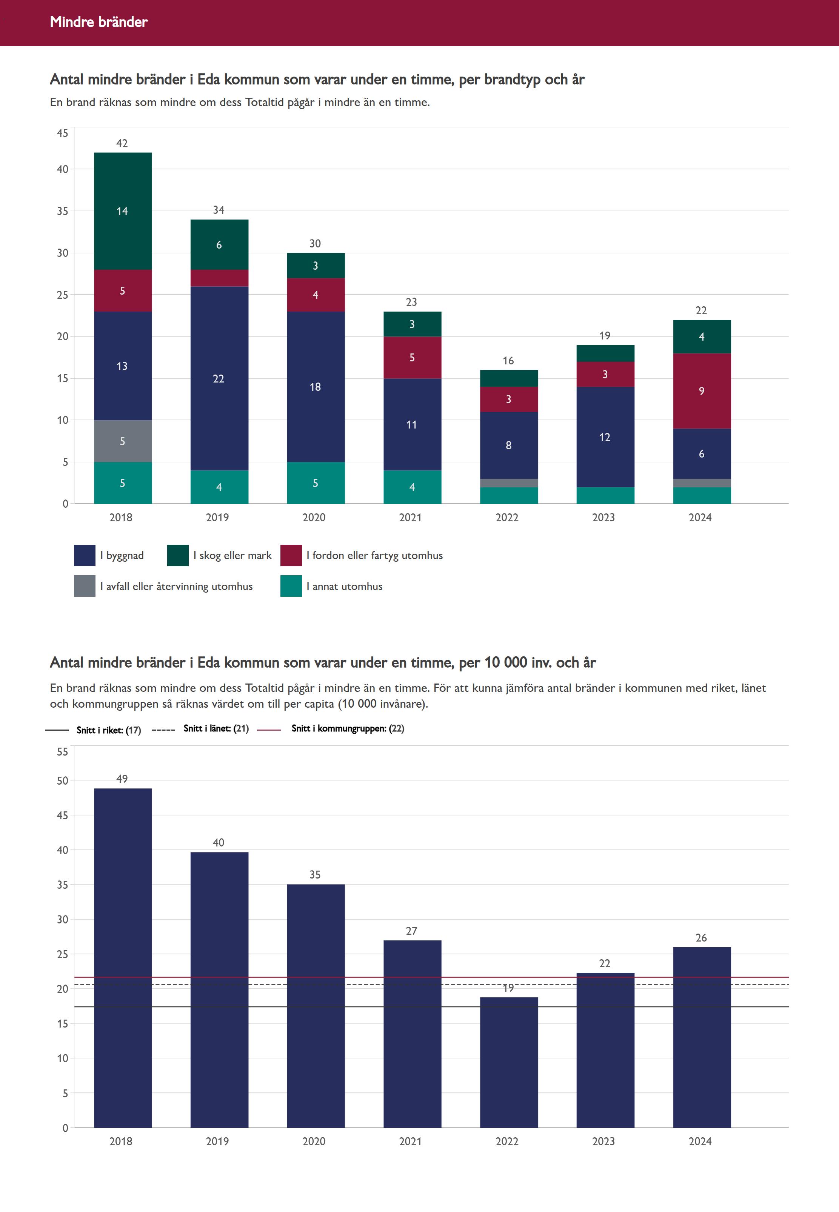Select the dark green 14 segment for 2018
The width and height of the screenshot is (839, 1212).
tap(123, 211)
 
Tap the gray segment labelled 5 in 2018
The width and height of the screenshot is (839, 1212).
tap(123, 441)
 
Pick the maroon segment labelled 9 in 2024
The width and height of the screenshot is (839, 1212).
tap(701, 391)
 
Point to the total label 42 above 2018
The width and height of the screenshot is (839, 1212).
tap(122, 143)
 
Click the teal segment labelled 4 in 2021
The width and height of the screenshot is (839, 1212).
tap(412, 487)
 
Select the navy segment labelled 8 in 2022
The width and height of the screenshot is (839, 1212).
tap(508, 445)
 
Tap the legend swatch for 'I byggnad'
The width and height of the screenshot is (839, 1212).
tap(85, 555)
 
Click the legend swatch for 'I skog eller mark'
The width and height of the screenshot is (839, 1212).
tap(178, 555)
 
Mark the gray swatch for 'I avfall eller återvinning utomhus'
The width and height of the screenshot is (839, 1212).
tap(85, 586)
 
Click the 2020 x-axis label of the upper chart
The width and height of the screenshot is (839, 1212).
tap(314, 518)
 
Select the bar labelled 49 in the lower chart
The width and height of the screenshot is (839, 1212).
tap(123, 957)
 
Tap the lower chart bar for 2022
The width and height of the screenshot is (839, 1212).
tap(508, 1061)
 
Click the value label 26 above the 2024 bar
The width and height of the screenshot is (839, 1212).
tap(701, 938)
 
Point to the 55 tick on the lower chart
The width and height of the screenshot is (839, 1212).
tap(63, 752)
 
